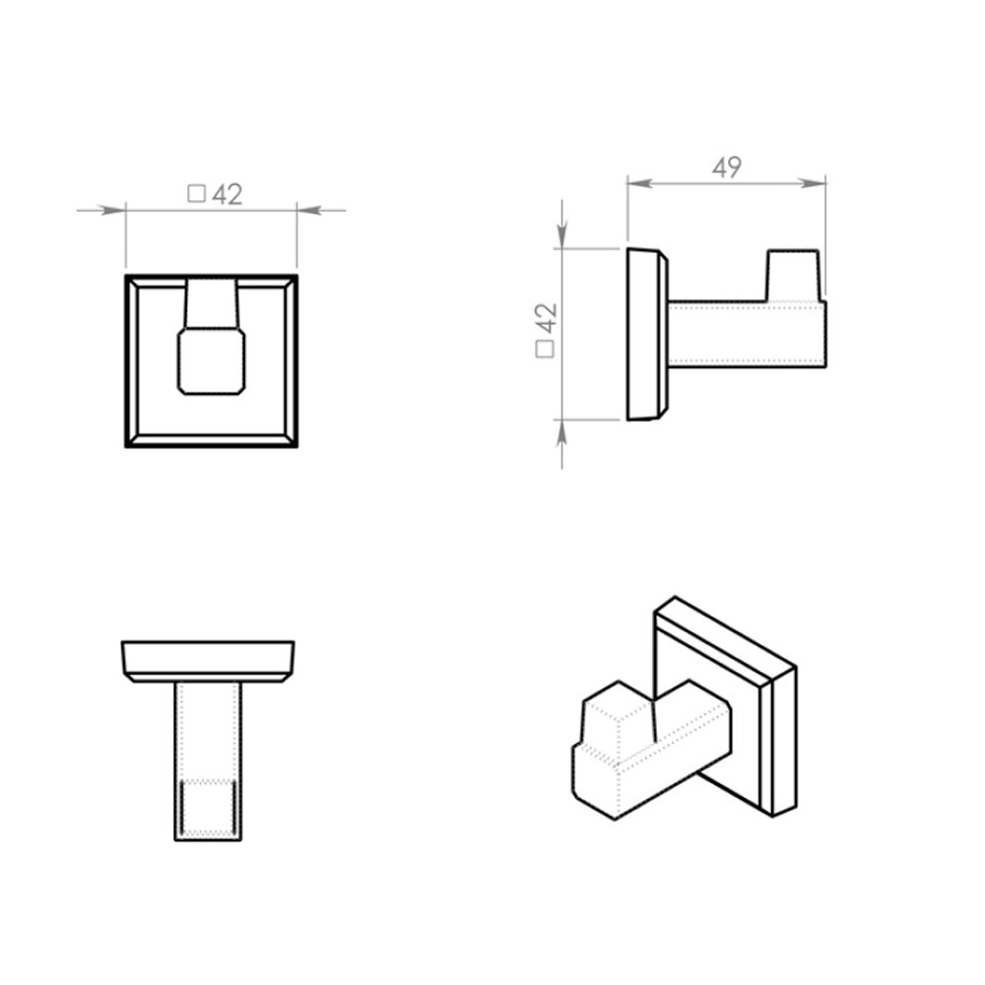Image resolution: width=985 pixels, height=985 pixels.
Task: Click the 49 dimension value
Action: [x=727, y=167]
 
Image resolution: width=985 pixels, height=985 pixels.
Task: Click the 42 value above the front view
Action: [x=227, y=195]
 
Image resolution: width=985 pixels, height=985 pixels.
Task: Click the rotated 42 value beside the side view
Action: [x=546, y=318]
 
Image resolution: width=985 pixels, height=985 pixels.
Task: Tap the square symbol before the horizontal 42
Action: [x=197, y=193]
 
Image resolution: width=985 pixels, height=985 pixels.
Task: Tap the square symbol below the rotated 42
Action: [x=545, y=350]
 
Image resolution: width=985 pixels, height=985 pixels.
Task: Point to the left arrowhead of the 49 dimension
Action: [x=639, y=183]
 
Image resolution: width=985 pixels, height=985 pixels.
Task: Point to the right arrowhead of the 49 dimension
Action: [x=813, y=183]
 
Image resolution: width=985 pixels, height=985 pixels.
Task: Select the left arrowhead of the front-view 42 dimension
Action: [x=113, y=211]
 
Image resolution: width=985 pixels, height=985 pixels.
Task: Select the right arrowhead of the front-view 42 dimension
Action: [x=309, y=211]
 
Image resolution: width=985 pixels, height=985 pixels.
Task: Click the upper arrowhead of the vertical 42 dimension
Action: [x=561, y=236]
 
